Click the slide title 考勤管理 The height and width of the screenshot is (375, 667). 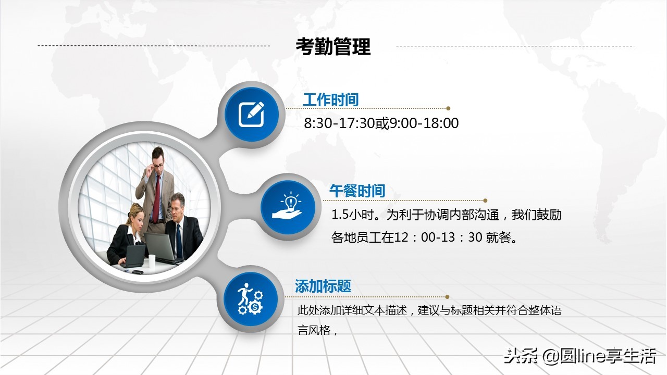(x=333, y=46)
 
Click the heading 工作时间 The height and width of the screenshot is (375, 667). (x=330, y=99)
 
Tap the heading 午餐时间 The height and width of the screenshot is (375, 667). (x=357, y=191)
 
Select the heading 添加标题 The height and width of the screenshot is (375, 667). (x=323, y=286)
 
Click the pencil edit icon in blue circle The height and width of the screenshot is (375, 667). (x=252, y=115)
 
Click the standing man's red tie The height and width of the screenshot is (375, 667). (x=156, y=198)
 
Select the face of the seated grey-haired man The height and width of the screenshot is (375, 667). (x=178, y=206)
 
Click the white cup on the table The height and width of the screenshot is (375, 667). (x=152, y=261)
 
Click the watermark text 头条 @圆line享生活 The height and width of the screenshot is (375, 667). (x=579, y=357)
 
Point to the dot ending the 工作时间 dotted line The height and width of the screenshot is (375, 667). (x=448, y=108)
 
